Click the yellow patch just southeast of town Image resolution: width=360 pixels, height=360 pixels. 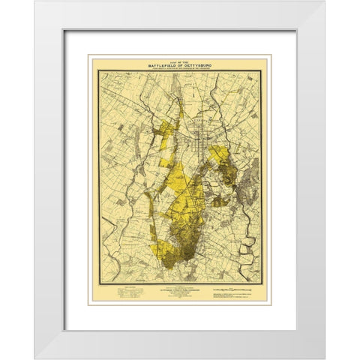coord(220,157)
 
